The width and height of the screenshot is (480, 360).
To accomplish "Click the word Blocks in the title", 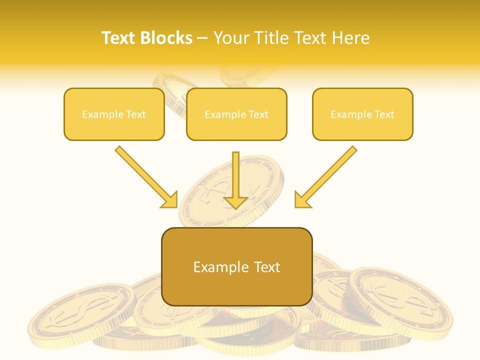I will (x=166, y=38).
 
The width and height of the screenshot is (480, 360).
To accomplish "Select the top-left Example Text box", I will (x=114, y=114).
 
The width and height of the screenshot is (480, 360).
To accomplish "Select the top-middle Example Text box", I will (x=236, y=114).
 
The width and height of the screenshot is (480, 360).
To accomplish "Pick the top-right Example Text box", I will (x=362, y=114).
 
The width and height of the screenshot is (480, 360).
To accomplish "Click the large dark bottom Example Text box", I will (x=237, y=267).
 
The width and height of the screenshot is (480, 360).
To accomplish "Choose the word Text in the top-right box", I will (x=384, y=114).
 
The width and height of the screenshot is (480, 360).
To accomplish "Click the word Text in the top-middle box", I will (x=258, y=114).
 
